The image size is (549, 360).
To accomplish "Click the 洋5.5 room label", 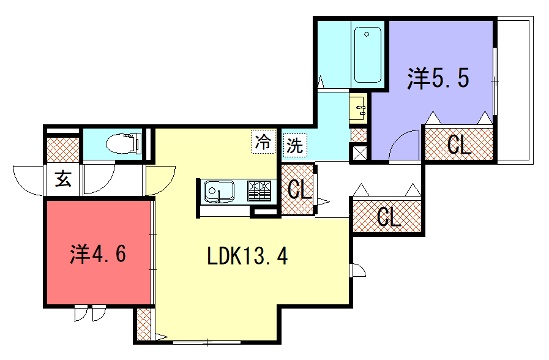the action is [x=438, y=78].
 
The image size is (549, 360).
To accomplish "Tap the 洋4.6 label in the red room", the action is [x=98, y=254].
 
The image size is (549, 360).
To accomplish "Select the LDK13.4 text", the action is [x=248, y=256].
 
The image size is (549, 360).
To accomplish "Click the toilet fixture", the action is [x=123, y=144].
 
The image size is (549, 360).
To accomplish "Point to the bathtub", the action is [x=367, y=55].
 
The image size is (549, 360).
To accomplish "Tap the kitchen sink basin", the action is [x=220, y=192].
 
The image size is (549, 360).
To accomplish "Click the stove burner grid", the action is [x=259, y=191].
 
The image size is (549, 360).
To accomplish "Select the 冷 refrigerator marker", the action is [x=263, y=142].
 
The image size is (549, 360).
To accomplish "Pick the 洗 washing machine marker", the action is [x=294, y=145].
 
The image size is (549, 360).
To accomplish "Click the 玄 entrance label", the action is [x=63, y=179].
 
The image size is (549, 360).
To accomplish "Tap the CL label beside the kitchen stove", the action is [x=300, y=191].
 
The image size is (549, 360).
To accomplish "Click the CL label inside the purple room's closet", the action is [x=459, y=145].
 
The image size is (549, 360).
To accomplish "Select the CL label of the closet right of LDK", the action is [x=389, y=217].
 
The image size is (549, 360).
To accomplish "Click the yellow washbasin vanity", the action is [x=358, y=109].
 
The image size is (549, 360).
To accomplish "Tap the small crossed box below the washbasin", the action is [x=360, y=152].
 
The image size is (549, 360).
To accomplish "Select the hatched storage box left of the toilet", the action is [x=63, y=150].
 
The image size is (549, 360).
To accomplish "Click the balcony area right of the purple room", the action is [x=515, y=91].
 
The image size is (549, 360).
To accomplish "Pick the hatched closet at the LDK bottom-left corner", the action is [x=144, y=325].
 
